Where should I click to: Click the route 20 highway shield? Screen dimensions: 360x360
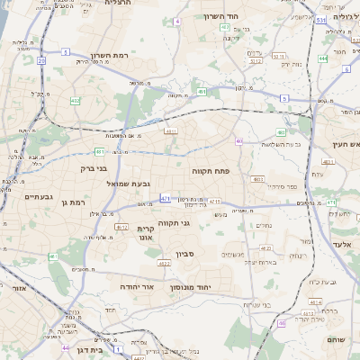[x=42, y=60]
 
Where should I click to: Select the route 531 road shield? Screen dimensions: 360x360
[x=321, y=17]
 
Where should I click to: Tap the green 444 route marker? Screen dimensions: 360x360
[x=321, y=58]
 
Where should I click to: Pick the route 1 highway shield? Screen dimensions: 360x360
[x=119, y=346]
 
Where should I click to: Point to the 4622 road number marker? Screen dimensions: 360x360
[x=164, y=264]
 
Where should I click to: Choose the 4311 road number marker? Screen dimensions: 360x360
[x=170, y=130]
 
